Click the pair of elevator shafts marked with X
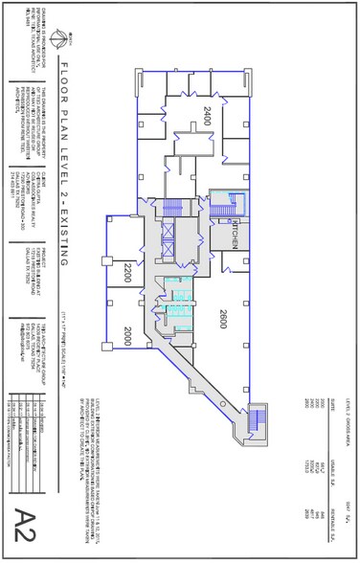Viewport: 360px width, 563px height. (x=169, y=239)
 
